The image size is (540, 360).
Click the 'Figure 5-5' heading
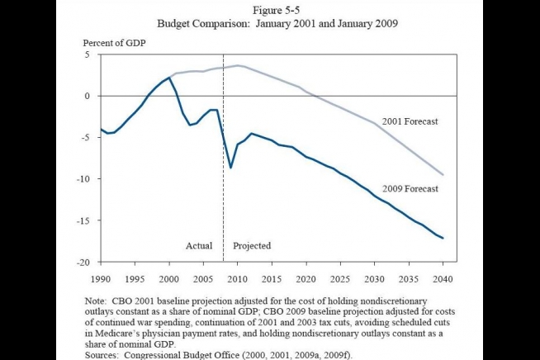pyautogui.click(x=270, y=11)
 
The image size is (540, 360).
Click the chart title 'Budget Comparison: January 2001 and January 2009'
pyautogui.click(x=270, y=23)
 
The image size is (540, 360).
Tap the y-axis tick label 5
pyautogui.click(x=86, y=54)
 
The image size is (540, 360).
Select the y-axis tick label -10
pyautogui.click(x=83, y=179)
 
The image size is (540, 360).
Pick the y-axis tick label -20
pyautogui.click(x=83, y=263)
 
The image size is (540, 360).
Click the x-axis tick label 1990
pyautogui.click(x=101, y=277)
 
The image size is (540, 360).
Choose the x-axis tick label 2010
pyautogui.click(x=238, y=277)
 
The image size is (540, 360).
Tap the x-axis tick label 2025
pyautogui.click(x=342, y=277)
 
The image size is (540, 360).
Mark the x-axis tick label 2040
pyautogui.click(x=444, y=277)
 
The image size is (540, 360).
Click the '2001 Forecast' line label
pyautogui.click(x=409, y=122)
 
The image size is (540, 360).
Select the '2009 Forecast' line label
pyautogui.click(x=409, y=188)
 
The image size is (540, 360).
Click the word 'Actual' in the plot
pyautogui.click(x=199, y=246)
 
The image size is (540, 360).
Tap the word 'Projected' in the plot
pyautogui.click(x=252, y=246)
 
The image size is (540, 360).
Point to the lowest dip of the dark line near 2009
pyautogui.click(x=231, y=168)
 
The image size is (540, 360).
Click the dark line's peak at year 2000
pyautogui.click(x=169, y=78)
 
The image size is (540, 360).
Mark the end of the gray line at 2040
pyautogui.click(x=444, y=175)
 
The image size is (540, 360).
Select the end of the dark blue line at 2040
pyautogui.click(x=444, y=239)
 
